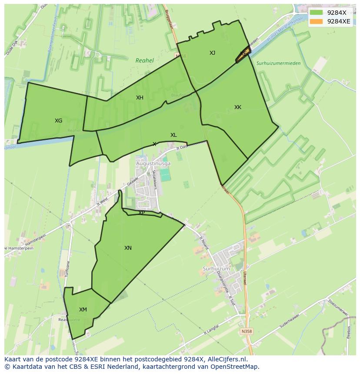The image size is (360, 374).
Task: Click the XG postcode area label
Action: click(58, 121)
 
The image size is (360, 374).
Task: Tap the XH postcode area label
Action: click(140, 98)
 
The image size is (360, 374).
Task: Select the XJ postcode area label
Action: click(212, 53)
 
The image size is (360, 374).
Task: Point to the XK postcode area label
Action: click(237, 107)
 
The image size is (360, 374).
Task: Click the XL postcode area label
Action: click(173, 135)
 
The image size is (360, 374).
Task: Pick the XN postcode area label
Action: click(128, 248)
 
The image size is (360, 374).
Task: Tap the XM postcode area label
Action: click(83, 310)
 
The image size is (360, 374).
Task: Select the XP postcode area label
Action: click(141, 213)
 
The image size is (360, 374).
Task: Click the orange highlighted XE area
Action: click(243, 54)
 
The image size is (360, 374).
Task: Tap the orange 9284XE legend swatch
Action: click(317, 21)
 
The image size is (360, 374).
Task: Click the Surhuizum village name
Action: click(216, 269)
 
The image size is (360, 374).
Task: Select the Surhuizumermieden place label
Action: click(278, 63)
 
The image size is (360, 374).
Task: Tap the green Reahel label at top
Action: click(144, 61)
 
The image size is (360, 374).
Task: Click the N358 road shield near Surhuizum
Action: click(246, 331)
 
